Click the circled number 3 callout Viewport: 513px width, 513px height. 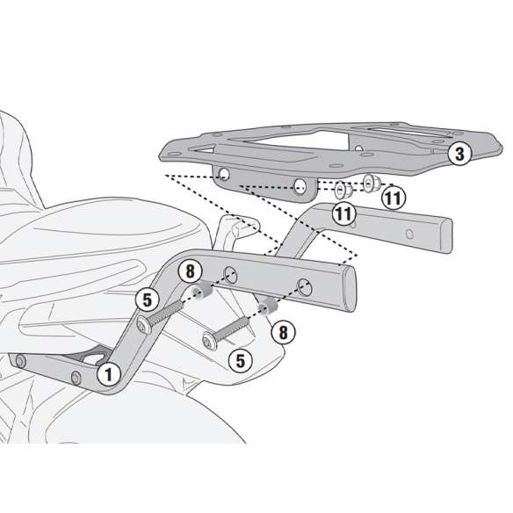459,154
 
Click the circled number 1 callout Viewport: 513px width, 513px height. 109,374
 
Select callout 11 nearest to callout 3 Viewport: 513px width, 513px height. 394,198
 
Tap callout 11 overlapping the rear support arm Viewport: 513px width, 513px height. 343,214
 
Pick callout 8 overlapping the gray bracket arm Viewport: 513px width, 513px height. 190,271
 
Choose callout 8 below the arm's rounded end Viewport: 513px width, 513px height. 283,332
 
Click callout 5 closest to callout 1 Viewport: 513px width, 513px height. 148,300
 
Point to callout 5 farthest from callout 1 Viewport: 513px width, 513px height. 241,361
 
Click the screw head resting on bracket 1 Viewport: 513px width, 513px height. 144,325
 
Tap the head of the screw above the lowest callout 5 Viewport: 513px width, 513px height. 209,342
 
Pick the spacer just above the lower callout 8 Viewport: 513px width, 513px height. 268,307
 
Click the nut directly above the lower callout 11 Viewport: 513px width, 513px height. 343,190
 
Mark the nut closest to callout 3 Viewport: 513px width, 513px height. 372,183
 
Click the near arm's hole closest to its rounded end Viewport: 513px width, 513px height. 304,287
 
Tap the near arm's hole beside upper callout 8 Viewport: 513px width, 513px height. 230,275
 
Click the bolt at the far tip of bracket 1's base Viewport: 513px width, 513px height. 20,362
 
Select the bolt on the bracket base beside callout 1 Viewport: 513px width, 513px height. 76,378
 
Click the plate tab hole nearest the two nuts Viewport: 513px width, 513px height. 300,186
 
